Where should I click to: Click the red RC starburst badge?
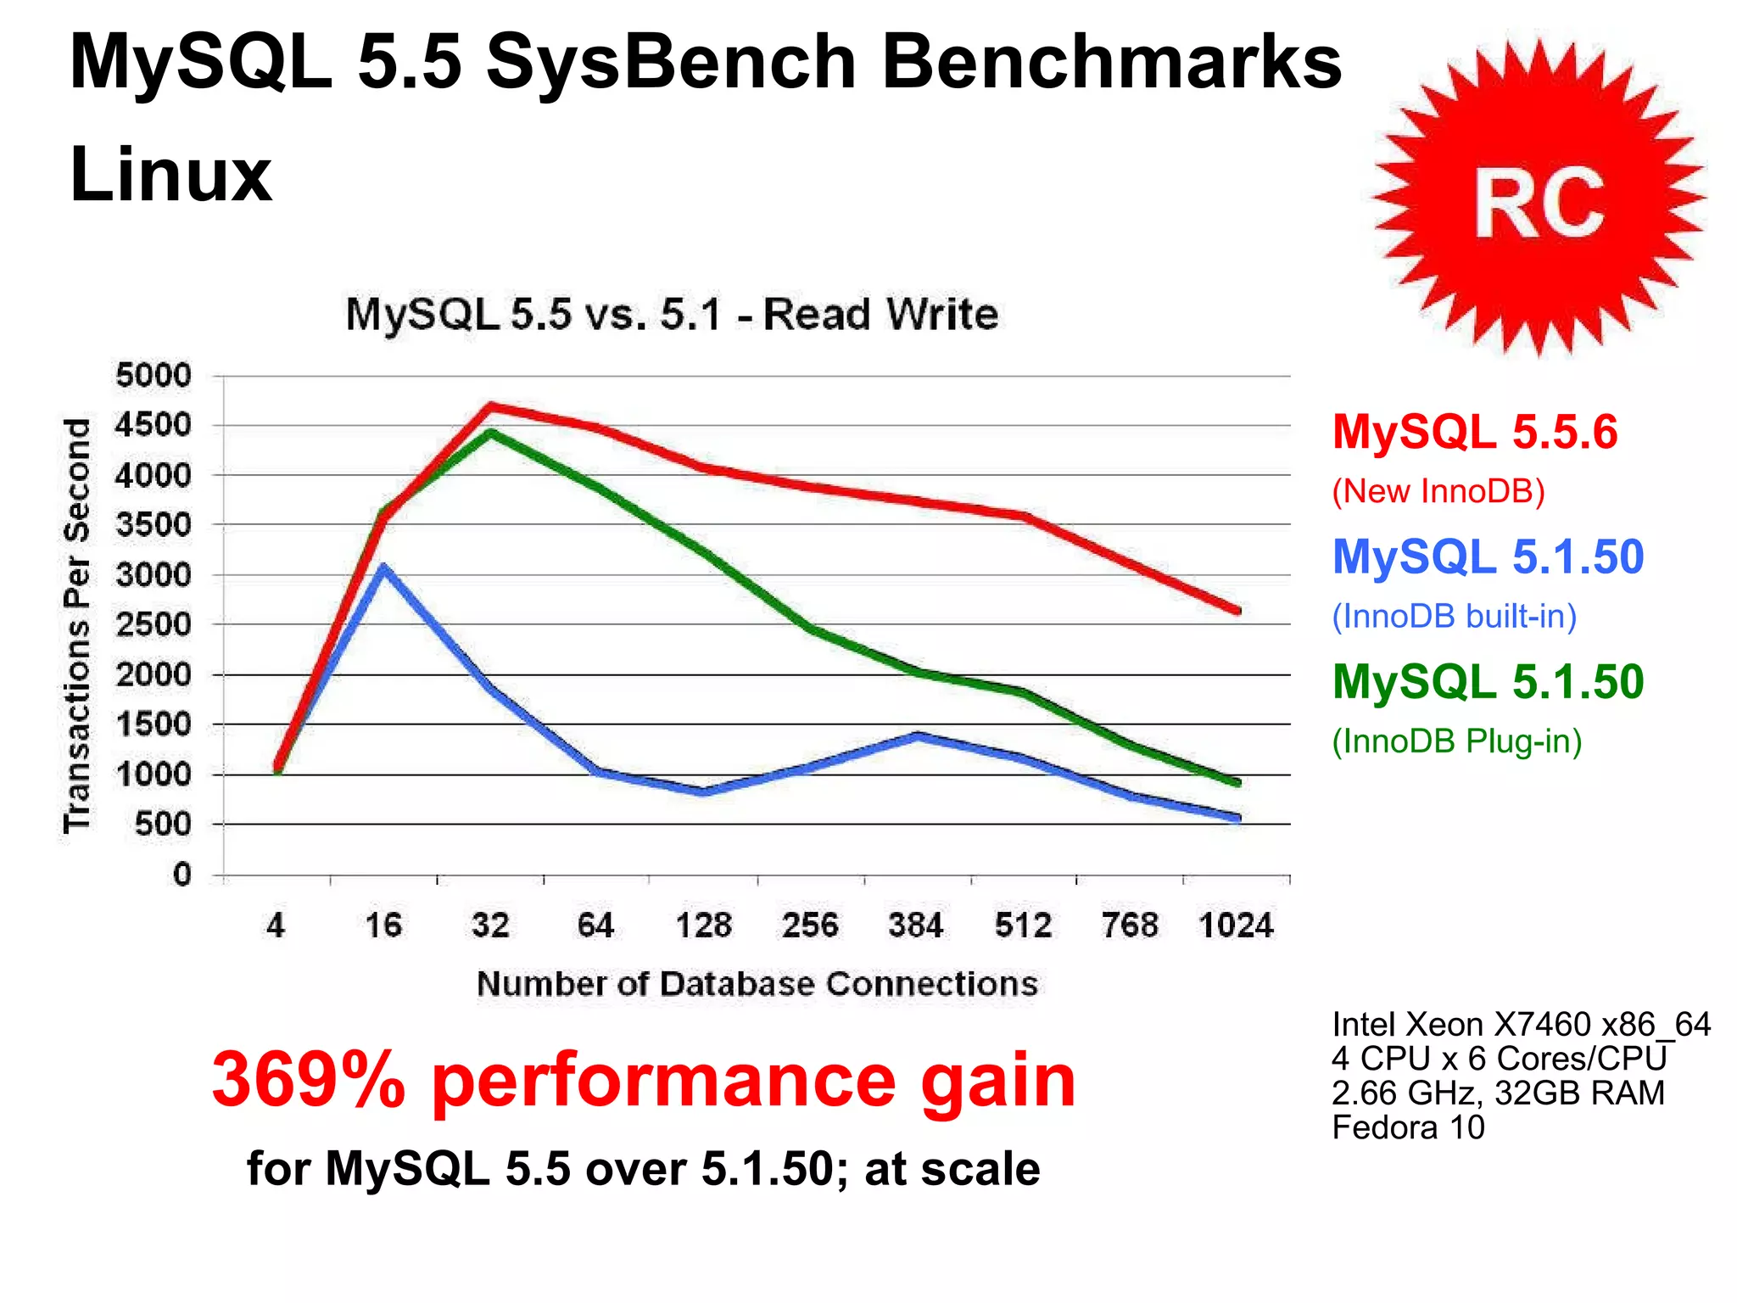point(1539,200)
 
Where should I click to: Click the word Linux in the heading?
point(170,175)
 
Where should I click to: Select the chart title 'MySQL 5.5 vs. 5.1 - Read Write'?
point(672,315)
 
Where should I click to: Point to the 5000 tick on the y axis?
point(154,375)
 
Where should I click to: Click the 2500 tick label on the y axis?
point(154,624)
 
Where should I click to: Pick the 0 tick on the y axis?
point(182,874)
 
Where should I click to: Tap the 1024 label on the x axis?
point(1236,925)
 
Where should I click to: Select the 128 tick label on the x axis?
point(703,925)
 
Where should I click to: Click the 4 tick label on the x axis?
point(276,925)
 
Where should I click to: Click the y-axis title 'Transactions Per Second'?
point(77,625)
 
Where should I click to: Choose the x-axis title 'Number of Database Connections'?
point(757,984)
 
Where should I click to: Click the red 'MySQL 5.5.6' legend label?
point(1475,432)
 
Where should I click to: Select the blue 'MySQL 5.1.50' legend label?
point(1488,557)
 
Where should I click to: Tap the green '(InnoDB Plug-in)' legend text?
point(1456,741)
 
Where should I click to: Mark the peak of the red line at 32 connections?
point(490,406)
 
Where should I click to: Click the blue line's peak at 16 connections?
point(384,568)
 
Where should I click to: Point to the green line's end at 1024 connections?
point(1237,782)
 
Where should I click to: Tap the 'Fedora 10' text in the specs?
point(1408,1127)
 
